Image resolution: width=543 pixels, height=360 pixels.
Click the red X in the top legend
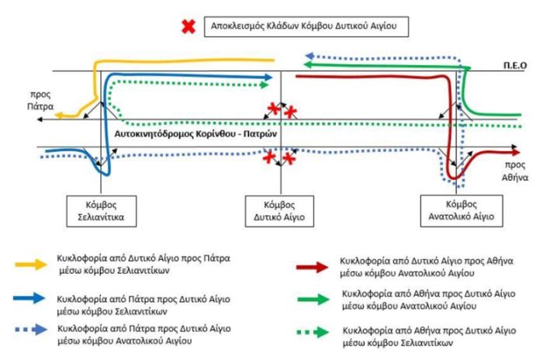pyautogui.click(x=188, y=26)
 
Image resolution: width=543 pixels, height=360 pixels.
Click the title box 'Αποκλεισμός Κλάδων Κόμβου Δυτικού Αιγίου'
pyautogui.click(x=306, y=26)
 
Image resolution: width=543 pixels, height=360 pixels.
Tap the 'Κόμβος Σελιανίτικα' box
pyautogui.click(x=101, y=211)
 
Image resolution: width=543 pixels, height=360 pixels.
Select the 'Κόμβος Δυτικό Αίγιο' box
pyautogui.click(x=279, y=211)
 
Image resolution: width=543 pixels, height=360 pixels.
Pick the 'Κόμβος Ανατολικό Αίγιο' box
pyautogui.click(x=462, y=211)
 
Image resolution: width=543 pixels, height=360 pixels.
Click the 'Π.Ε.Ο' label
pyautogui.click(x=515, y=65)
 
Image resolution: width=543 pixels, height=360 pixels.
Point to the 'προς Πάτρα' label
pyautogui.click(x=40, y=100)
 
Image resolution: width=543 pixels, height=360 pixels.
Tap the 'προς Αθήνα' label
pyautogui.click(x=515, y=171)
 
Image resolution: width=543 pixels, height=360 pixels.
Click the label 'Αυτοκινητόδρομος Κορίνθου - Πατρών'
pyautogui.click(x=195, y=133)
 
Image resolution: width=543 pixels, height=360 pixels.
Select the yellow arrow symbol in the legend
pyautogui.click(x=31, y=265)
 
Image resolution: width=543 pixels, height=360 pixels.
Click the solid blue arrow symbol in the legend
pyautogui.click(x=29, y=298)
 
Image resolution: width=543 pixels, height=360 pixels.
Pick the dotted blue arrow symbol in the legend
pyautogui.click(x=31, y=330)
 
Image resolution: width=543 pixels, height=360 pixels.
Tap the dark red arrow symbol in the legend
pyautogui.click(x=313, y=267)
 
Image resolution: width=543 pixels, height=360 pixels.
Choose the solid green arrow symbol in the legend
pyautogui.click(x=313, y=299)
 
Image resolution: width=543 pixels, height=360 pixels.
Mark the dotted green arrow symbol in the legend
pyautogui.click(x=313, y=332)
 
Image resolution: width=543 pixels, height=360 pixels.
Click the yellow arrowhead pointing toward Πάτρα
pyautogui.click(x=59, y=116)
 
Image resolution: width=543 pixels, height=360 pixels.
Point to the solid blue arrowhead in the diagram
pyautogui.click(x=268, y=78)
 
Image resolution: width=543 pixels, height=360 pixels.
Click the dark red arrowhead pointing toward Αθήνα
pyautogui.click(x=516, y=152)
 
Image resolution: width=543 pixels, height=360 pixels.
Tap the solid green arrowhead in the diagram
pyautogui.click(x=308, y=64)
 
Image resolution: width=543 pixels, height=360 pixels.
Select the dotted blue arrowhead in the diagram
pyautogui.click(x=310, y=55)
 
